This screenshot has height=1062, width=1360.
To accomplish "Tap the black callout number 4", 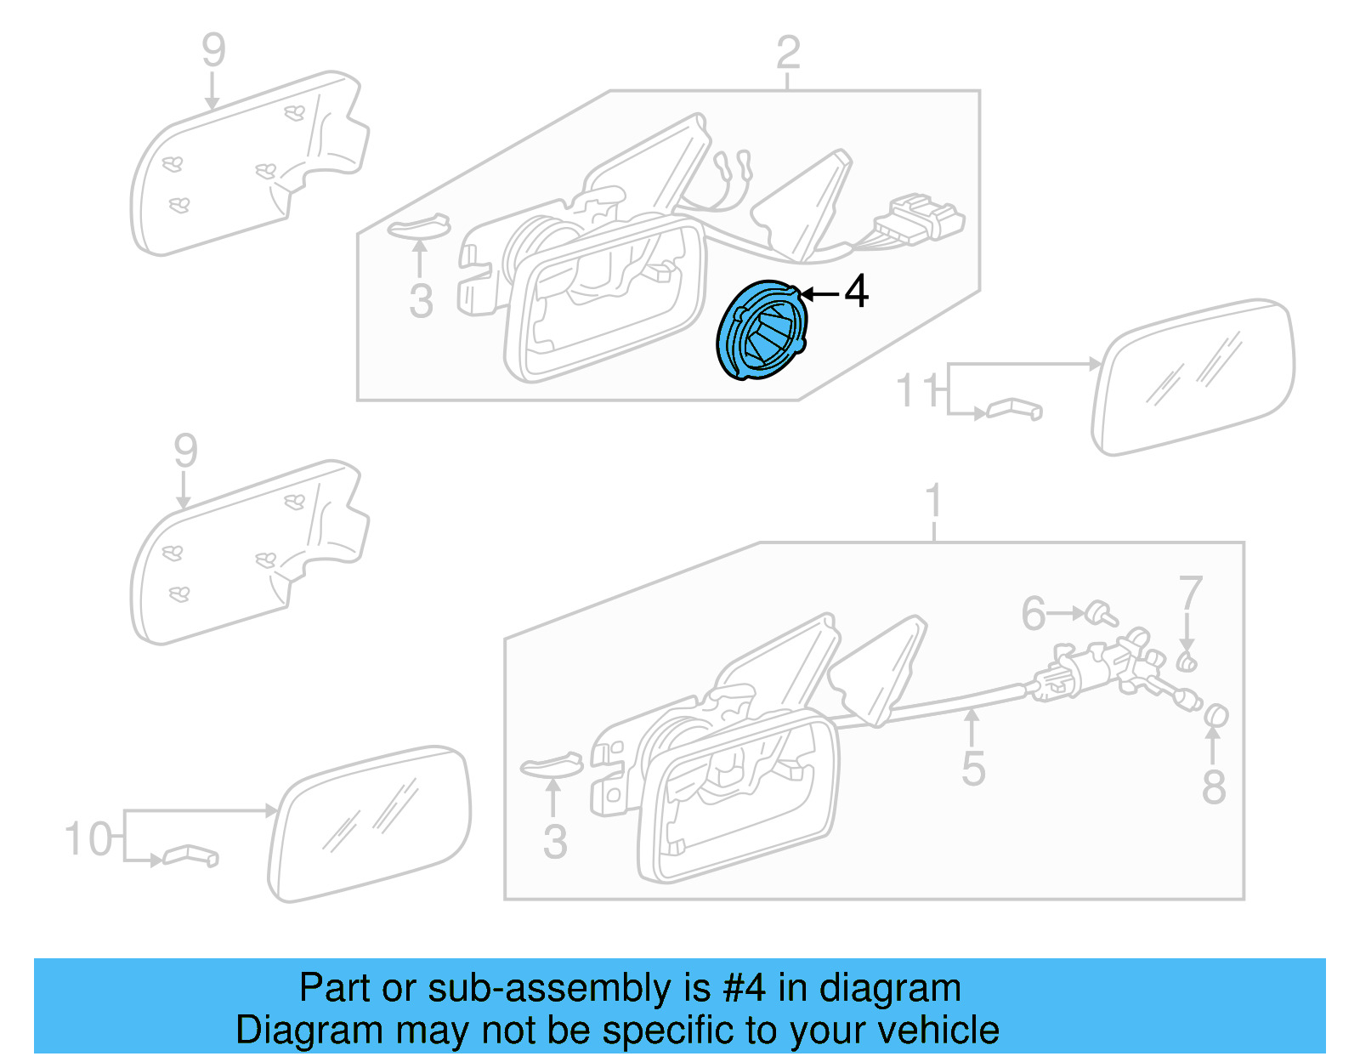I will coord(856,292).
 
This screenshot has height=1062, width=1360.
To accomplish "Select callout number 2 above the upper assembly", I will coord(788,53).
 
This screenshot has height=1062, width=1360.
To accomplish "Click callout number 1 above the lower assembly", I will coord(933,501).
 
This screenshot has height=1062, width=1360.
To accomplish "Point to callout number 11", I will coord(917,391).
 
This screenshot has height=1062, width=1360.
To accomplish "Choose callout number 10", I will coord(88,838).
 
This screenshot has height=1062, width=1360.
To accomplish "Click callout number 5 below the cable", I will coord(973,769).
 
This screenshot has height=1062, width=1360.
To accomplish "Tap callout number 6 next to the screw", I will coord(1034,614).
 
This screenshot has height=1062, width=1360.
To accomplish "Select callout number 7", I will coord(1190,593).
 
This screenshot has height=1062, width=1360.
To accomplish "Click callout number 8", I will coord(1214,787).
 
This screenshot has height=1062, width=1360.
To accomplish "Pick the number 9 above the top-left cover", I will coord(213,50).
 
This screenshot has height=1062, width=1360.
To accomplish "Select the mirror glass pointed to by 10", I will coord(370,825).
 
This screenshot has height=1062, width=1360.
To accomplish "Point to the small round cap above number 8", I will coord(1216,716).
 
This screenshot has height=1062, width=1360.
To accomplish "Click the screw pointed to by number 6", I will coord(1104,613).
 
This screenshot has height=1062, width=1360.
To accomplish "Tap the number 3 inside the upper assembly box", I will coord(421,301).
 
